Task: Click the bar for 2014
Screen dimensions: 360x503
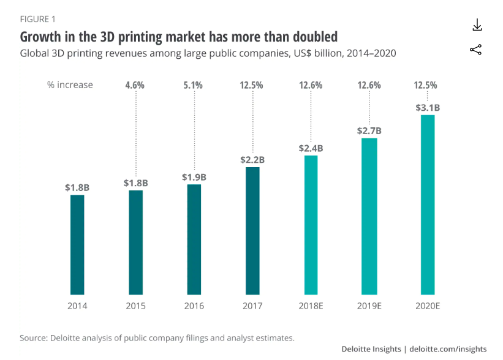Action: coord(77,244)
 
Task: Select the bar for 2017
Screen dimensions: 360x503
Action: coord(252,230)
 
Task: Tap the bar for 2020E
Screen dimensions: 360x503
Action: coord(427,204)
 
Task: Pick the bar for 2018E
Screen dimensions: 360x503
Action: coord(311,224)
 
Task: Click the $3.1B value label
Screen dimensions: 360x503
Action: coord(428,108)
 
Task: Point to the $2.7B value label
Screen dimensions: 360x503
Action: coord(369,130)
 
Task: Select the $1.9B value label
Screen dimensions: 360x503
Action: coord(194,177)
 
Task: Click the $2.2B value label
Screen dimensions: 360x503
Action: coord(252,160)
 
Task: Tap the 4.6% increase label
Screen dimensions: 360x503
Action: coord(135,85)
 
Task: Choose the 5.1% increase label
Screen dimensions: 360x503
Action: coord(194,85)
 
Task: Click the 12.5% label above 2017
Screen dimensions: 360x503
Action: coord(252,85)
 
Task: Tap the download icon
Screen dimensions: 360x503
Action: coord(477,25)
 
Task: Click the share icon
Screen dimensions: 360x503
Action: coord(476,50)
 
